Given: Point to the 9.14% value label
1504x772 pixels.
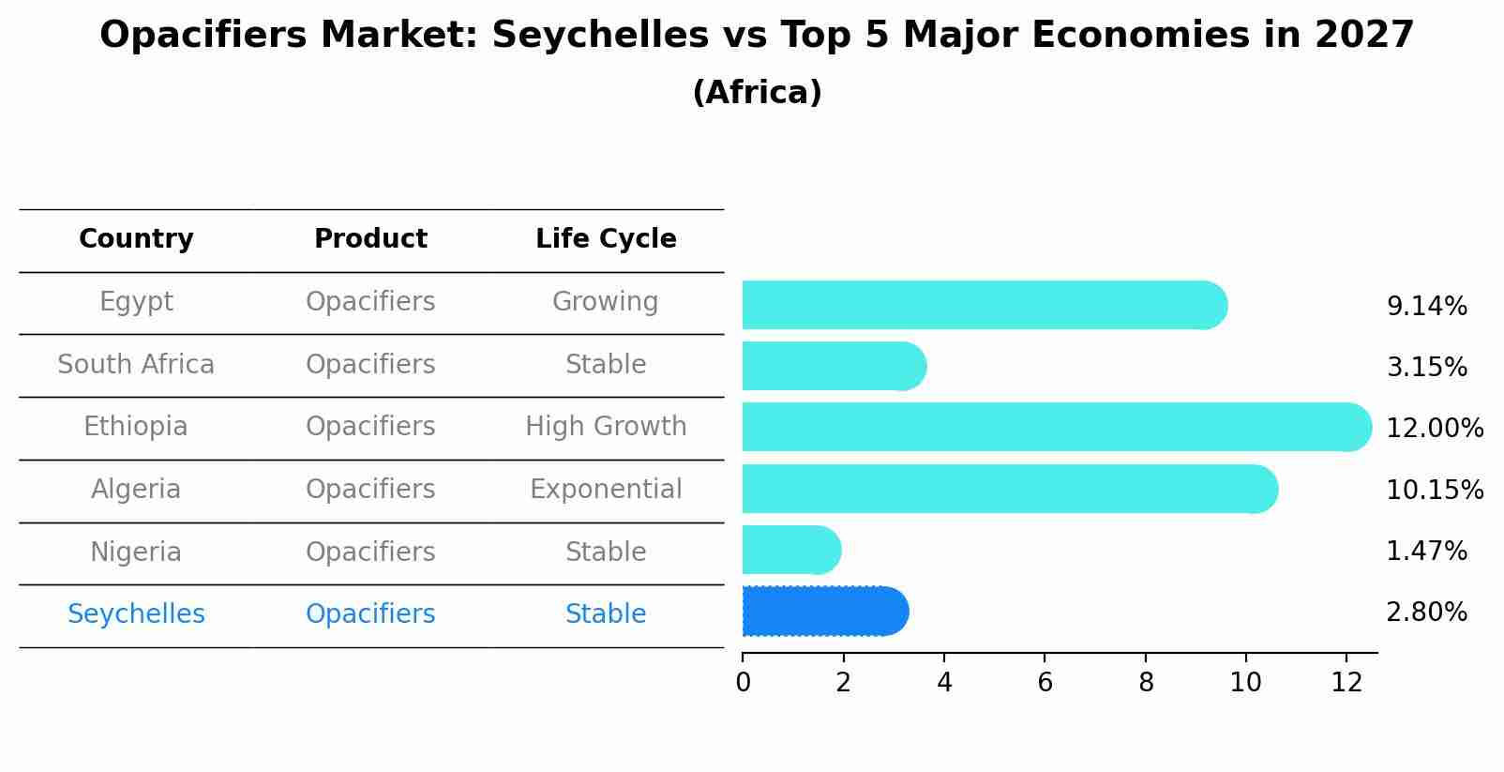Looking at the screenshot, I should click(1426, 307).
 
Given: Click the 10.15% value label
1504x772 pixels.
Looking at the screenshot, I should click(1435, 491).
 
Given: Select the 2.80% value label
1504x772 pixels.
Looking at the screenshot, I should click(1426, 613).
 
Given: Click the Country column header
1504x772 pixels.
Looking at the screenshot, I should click(136, 239).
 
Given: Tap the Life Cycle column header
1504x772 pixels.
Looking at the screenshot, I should click(606, 239).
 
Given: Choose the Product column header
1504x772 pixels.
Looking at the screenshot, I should click(370, 239).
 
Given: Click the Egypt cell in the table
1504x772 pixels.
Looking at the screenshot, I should click(136, 302).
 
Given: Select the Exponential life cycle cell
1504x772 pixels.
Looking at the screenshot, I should click(606, 490).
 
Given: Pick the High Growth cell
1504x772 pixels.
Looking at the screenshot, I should click(606, 427).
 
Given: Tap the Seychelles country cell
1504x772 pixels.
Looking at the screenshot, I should click(136, 614).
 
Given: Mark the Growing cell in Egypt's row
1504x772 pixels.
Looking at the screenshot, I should click(606, 302).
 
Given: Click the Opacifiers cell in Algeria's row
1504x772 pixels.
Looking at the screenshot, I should click(370, 490).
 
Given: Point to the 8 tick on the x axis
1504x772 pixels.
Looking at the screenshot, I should click(1146, 683).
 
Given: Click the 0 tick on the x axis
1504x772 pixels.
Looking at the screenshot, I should click(744, 683).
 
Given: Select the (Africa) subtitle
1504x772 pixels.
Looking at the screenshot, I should click(757, 93).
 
